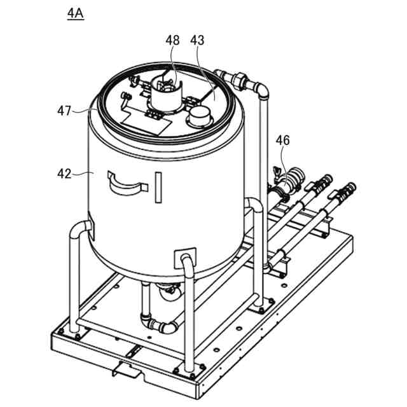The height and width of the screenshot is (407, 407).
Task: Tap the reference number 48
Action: point(173,40)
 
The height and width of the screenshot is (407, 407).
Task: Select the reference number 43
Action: point(197,40)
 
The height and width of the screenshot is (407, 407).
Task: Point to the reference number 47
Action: point(64,111)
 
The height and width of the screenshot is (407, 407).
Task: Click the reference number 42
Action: point(65,172)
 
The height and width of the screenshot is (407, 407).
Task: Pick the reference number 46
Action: point(282,141)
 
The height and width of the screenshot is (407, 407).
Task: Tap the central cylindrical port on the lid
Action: point(165,95)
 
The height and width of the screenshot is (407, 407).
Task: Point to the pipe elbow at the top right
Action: point(259,88)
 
